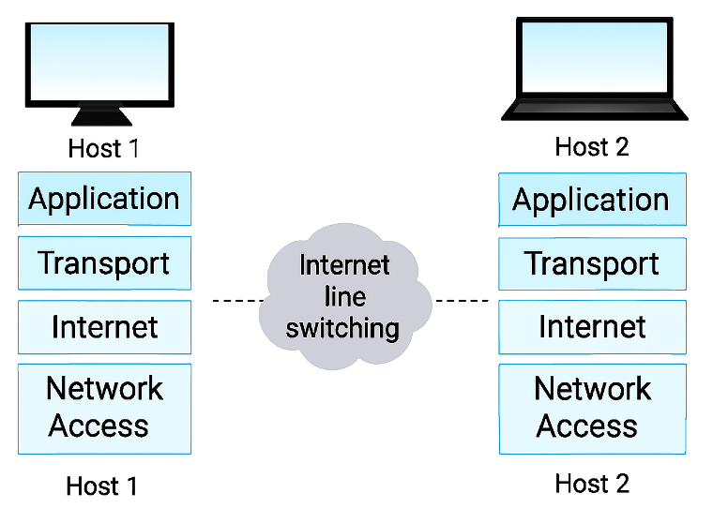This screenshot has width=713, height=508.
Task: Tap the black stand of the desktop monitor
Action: [x=102, y=117]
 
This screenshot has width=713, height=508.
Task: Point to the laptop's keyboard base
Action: [x=594, y=110]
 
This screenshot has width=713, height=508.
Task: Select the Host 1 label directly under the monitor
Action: [x=103, y=149]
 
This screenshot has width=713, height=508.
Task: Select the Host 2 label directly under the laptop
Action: [x=592, y=147]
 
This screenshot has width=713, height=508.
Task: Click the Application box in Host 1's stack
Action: [x=104, y=199]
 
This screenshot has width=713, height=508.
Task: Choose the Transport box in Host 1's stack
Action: [x=104, y=262]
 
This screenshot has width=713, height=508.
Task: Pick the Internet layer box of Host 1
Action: [x=104, y=326]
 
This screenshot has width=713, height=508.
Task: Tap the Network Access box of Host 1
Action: [x=104, y=408]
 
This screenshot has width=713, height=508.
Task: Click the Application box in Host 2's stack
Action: [x=592, y=200]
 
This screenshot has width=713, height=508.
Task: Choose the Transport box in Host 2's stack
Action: [x=592, y=263]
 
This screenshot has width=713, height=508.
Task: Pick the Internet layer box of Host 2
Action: [x=592, y=327]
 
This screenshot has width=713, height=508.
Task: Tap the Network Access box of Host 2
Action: [x=592, y=408]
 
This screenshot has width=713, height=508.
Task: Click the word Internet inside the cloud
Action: [x=344, y=265]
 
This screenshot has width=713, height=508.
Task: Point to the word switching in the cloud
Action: [x=342, y=328]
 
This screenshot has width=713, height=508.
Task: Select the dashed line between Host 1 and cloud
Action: [x=239, y=301]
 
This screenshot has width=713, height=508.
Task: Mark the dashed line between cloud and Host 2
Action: [x=462, y=301]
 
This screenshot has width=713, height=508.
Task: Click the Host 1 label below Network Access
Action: [x=101, y=486]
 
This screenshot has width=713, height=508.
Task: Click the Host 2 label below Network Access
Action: [x=592, y=484]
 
